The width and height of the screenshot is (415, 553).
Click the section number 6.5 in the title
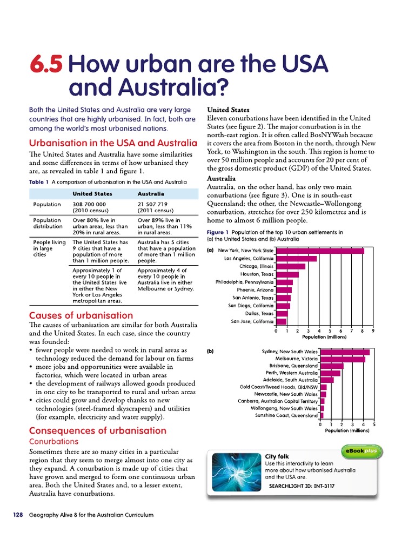coord(47,65)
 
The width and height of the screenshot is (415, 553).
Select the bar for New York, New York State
coord(319,251)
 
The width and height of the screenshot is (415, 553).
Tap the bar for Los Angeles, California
coord(296,259)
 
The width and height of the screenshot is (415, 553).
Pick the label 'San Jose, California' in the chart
coord(252,321)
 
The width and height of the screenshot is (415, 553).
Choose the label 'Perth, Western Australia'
coord(291,373)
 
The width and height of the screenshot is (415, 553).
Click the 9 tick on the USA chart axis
coord(373,331)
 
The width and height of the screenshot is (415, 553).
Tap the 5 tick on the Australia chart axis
coord(374,424)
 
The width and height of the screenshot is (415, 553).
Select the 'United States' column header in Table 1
coord(92,193)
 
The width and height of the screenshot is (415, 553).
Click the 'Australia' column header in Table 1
coord(151,193)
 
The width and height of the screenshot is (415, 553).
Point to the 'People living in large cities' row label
coord(49,249)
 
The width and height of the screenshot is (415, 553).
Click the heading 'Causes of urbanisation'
coord(81,315)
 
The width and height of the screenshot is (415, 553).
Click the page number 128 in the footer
coord(18,515)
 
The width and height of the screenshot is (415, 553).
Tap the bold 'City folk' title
coord(278,456)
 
